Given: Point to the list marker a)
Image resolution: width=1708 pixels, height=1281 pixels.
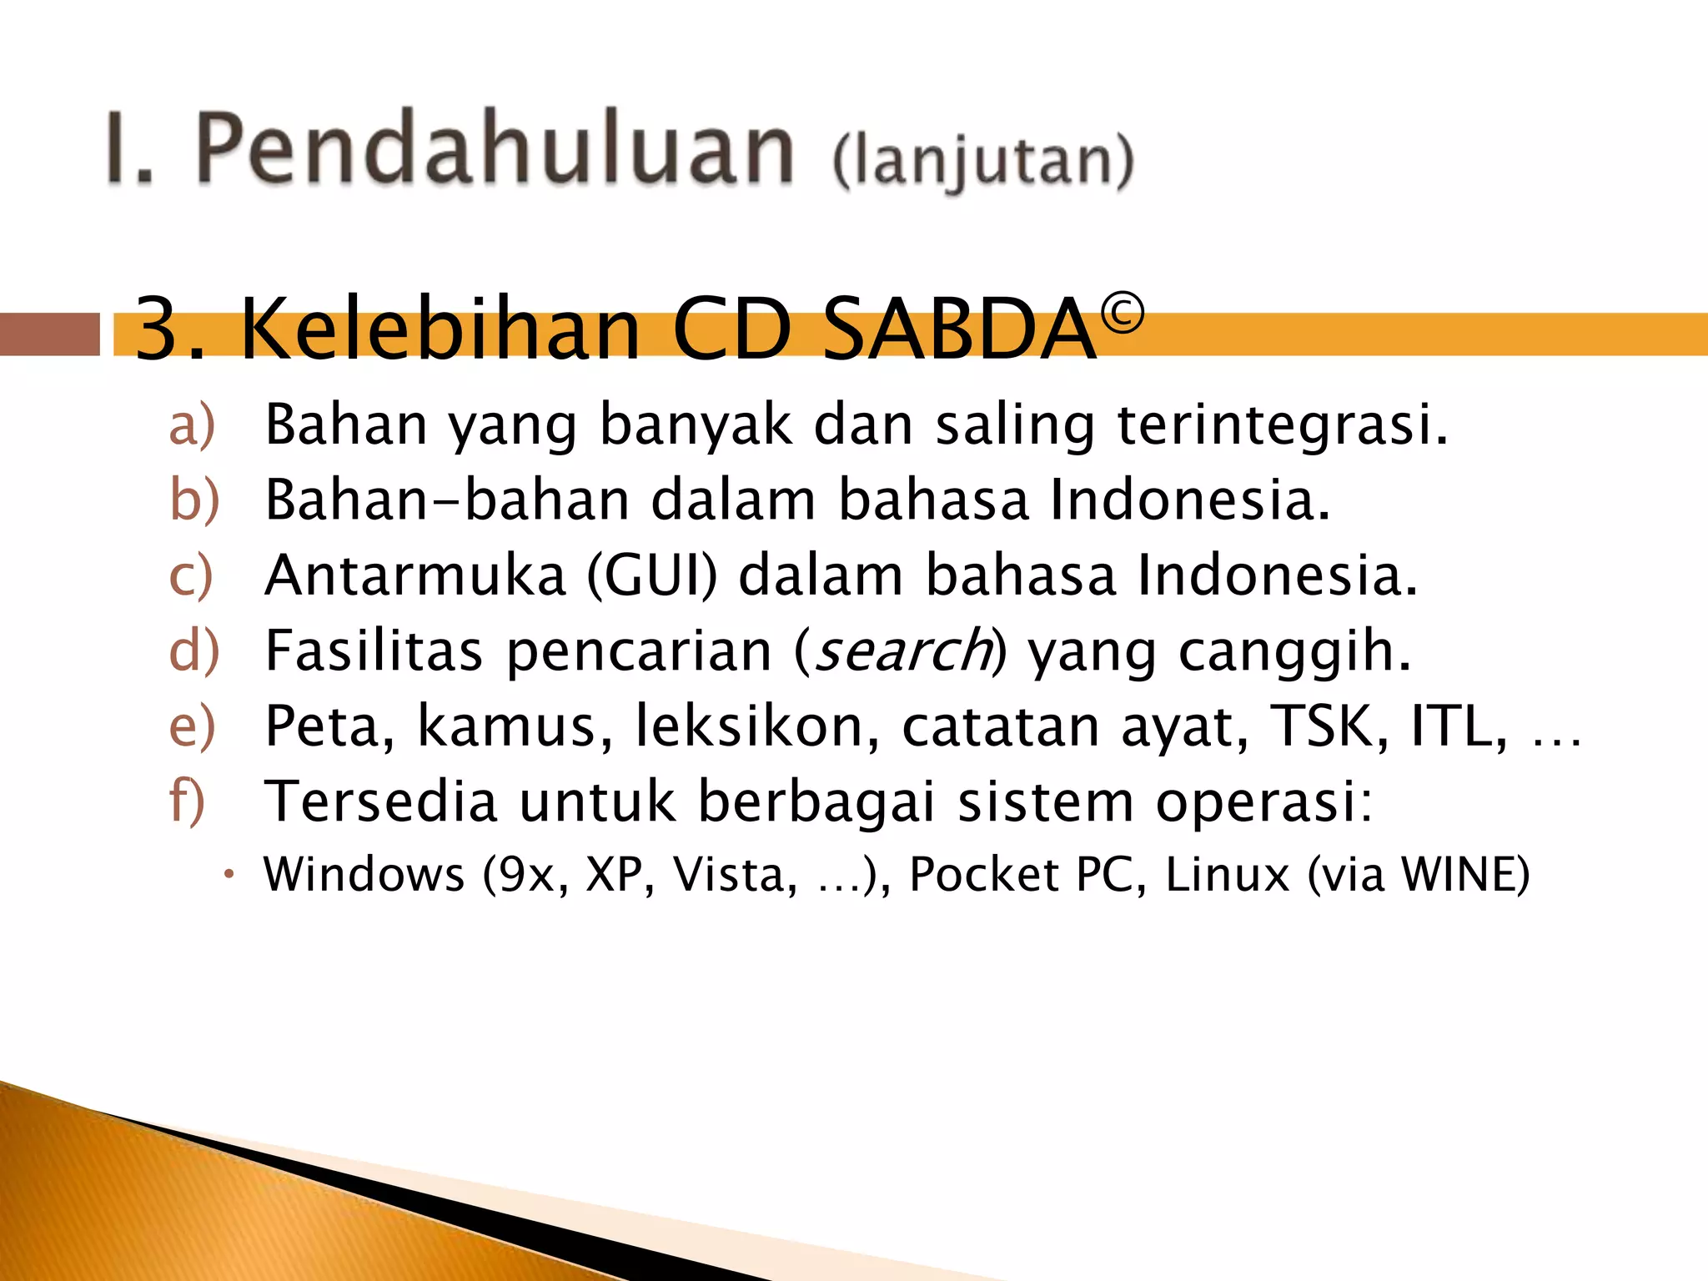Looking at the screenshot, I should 192,424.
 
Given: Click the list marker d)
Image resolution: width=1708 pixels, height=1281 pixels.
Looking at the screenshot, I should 193,651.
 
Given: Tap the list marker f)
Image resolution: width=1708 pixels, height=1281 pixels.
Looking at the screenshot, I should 187,801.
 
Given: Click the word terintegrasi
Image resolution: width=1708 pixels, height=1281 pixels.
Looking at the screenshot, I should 1282,424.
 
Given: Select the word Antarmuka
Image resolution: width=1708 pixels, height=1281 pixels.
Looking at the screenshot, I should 415,575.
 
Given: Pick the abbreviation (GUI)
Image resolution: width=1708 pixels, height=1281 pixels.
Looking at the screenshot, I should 652,575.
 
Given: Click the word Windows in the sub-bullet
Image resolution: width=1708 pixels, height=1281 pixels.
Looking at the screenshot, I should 364,875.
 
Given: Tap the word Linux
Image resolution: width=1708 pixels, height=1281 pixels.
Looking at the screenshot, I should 1228,875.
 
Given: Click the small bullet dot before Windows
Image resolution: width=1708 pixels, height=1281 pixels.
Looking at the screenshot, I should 230,875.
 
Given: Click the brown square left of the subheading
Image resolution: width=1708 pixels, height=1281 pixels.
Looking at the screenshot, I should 49,334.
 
